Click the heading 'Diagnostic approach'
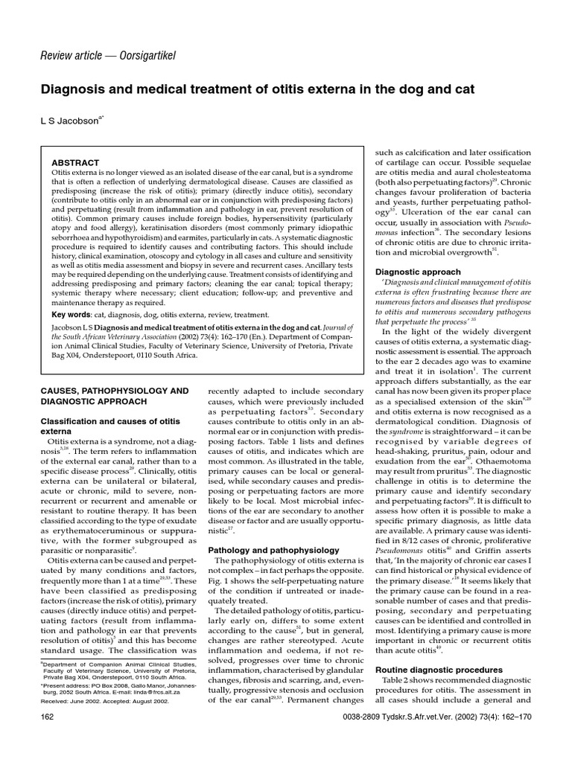(419, 272)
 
